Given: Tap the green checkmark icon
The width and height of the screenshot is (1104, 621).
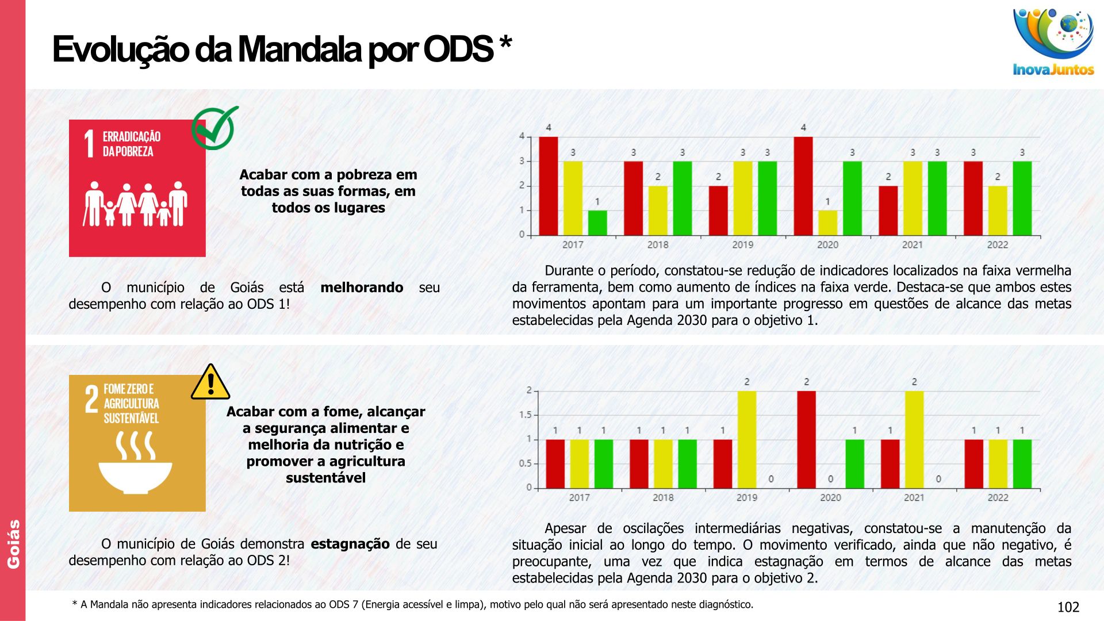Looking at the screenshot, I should point(214,128).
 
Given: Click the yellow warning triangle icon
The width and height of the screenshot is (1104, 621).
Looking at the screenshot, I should point(210,382).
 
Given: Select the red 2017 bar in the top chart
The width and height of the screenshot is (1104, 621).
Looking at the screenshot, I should point(548,186).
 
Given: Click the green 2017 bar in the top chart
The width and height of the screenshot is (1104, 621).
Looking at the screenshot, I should point(597,223).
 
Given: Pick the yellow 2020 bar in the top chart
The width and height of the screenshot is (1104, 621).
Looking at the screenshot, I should point(827,223).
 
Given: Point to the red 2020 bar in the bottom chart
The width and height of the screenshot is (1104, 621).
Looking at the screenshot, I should point(806,439).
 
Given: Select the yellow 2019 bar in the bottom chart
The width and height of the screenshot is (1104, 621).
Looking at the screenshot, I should point(746,439).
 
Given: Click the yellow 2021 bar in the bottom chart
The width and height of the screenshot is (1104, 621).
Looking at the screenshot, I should point(914,439).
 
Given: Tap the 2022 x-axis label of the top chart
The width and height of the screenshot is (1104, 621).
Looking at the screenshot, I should point(997,245).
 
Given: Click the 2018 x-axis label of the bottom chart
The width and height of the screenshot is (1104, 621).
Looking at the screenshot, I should point(662,498).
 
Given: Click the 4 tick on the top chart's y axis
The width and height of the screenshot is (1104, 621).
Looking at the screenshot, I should point(522,136).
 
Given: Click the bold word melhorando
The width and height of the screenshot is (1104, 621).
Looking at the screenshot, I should point(362,287).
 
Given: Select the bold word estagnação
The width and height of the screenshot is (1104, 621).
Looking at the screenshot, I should point(350,544).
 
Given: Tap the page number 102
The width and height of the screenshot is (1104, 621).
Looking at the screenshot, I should point(1068,607).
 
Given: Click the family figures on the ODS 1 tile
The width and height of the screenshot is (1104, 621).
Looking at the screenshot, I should point(136,204).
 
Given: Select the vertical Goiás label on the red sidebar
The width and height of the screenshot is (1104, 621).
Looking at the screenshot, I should point(13,544).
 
